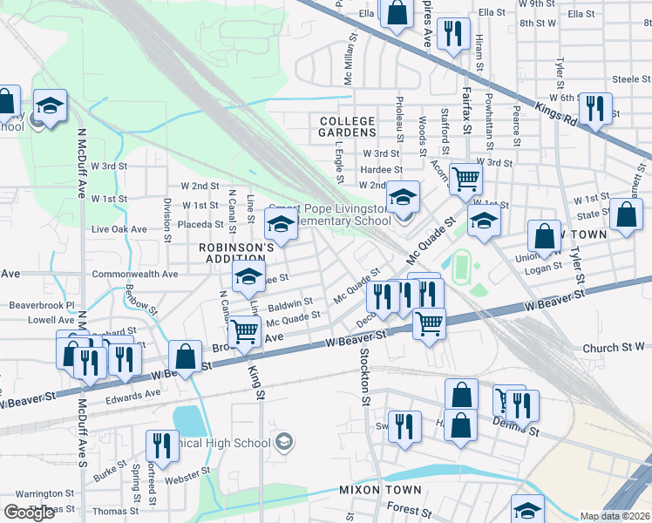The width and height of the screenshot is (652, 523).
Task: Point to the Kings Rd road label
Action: coord(559,112)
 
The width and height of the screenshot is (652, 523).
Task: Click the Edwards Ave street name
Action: coord(133,394)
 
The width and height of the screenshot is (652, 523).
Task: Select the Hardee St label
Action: coord(382,170)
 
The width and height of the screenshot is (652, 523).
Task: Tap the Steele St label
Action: coord(626,79)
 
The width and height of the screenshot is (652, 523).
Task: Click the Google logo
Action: coord(29,512)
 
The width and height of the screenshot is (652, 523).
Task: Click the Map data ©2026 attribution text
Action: coord(615,516)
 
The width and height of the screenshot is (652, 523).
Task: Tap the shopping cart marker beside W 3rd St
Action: coord(466,179)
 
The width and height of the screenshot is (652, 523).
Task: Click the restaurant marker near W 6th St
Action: coord(596,108)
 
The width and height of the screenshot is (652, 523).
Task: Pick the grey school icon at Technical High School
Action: coord(283,443)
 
